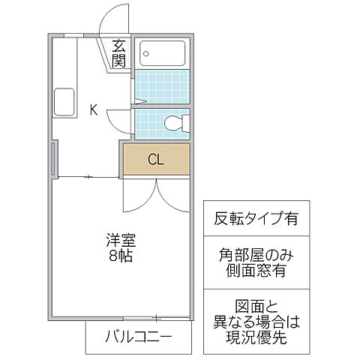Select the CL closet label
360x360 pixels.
pyautogui.click(x=156, y=159)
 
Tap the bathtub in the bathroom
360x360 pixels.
pyautogui.click(x=163, y=53)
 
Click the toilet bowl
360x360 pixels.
pyautogui.click(x=173, y=122)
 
